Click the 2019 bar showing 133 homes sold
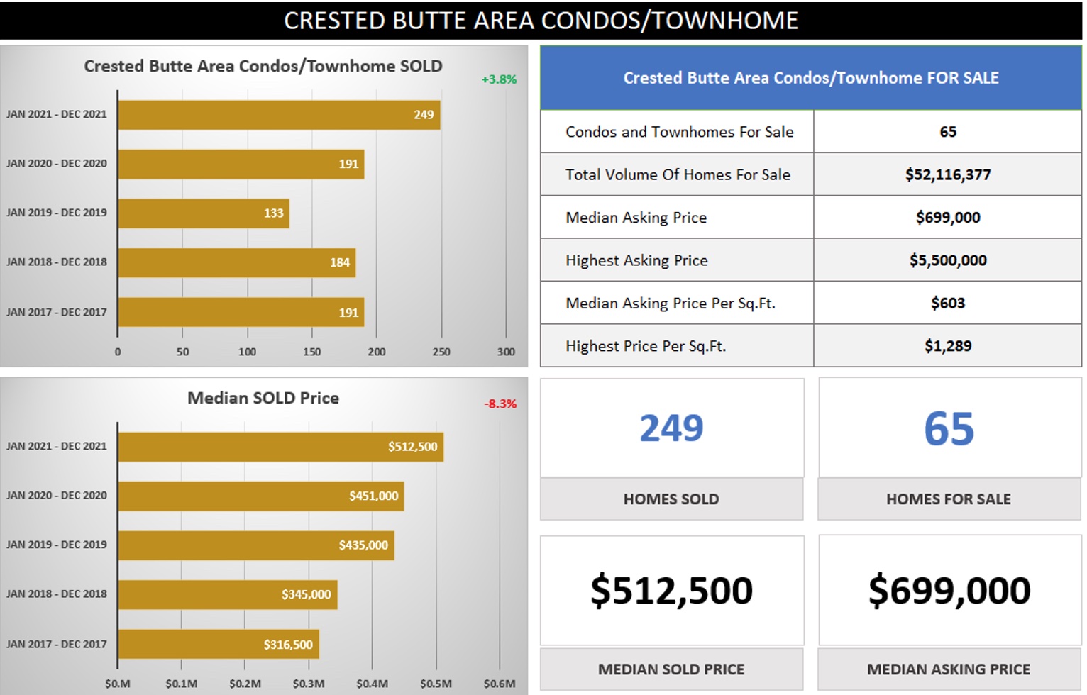pos(204,213)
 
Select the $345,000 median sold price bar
pos(228,594)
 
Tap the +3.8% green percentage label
pos(499,79)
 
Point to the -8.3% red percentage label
pos(500,404)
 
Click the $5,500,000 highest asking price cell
pos(948,260)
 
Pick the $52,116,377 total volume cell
pos(948,174)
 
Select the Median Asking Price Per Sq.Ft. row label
pos(670,304)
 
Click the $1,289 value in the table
pos(948,346)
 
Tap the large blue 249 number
pos(671,428)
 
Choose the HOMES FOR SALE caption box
pos(949,499)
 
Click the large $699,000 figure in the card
pos(949,590)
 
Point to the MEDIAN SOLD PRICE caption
pos(671,669)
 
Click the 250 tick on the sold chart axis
pos(441,352)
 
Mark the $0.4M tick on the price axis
pos(372,684)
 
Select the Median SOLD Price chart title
pos(263,398)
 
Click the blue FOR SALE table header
pos(811,78)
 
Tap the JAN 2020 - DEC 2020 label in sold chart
pos(57,163)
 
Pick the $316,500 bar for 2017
pos(219,644)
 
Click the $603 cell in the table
pos(948,304)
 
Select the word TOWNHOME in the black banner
pos(725,21)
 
